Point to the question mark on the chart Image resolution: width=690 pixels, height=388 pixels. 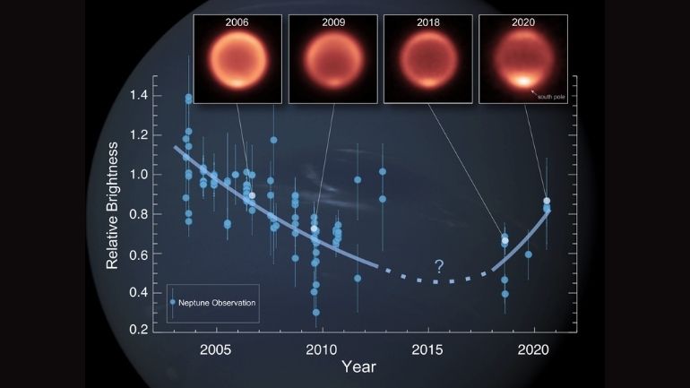(439, 265)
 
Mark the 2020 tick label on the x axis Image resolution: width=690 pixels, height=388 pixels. (534, 346)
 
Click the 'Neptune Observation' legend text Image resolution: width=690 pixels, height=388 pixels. (219, 304)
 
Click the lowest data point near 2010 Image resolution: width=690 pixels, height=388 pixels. (316, 313)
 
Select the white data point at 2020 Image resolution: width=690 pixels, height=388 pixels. (547, 201)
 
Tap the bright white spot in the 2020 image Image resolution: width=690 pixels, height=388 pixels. (520, 80)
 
